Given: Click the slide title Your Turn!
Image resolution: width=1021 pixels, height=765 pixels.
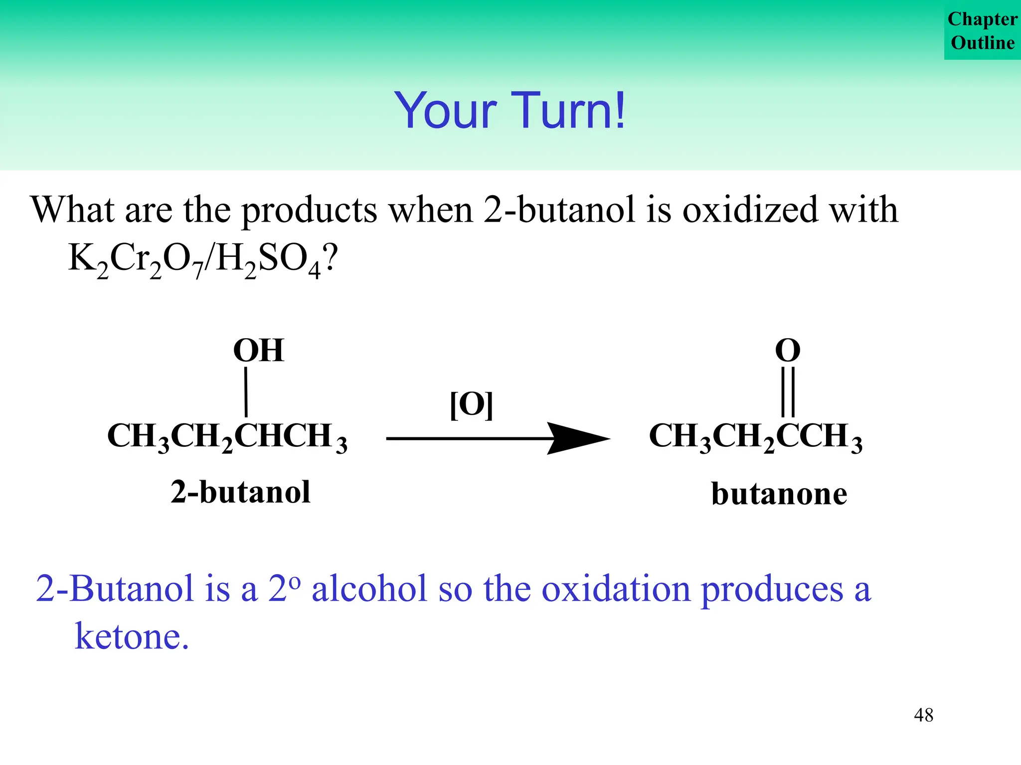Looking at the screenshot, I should point(510,111).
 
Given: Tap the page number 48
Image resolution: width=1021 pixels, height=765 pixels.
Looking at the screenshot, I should point(923,715).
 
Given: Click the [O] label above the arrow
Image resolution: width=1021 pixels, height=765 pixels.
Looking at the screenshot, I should point(471,404).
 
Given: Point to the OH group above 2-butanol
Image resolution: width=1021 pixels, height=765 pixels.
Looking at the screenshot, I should point(258,350).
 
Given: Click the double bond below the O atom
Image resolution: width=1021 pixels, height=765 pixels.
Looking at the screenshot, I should point(788,392).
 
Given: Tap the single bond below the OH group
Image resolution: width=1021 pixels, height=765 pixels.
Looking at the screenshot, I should point(246,392).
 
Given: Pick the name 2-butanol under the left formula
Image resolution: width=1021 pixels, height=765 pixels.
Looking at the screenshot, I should point(240,492).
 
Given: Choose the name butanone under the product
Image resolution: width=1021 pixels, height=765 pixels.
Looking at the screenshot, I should point(779,494).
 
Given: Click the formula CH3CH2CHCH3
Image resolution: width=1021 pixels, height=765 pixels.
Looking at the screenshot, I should point(227,437).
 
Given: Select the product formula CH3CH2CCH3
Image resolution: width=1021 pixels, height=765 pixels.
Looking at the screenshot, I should point(755,437).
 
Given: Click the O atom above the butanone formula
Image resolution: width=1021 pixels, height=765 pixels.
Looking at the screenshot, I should point(788,350).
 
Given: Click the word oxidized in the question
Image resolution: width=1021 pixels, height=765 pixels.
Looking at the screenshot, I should point(750,210).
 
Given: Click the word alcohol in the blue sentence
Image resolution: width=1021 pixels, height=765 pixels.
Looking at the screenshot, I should point(369,589).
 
